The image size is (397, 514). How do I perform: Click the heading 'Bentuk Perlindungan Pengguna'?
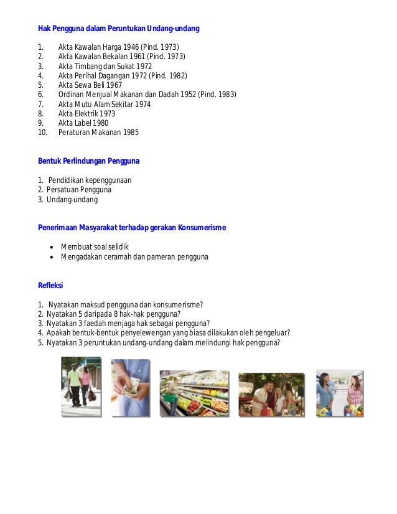[89, 161]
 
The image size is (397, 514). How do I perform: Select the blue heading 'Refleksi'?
[50, 285]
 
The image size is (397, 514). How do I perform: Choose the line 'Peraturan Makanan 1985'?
[98, 133]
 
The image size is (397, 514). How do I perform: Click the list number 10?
[42, 133]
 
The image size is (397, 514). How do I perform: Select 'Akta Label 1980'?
[83, 123]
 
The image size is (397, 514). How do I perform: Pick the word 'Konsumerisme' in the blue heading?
[202, 228]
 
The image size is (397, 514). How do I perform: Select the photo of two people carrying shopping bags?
[81, 387]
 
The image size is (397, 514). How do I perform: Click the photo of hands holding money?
[131, 387]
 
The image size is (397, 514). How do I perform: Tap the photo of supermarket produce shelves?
[194, 393]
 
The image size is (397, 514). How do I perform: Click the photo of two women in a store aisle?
[340, 393]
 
